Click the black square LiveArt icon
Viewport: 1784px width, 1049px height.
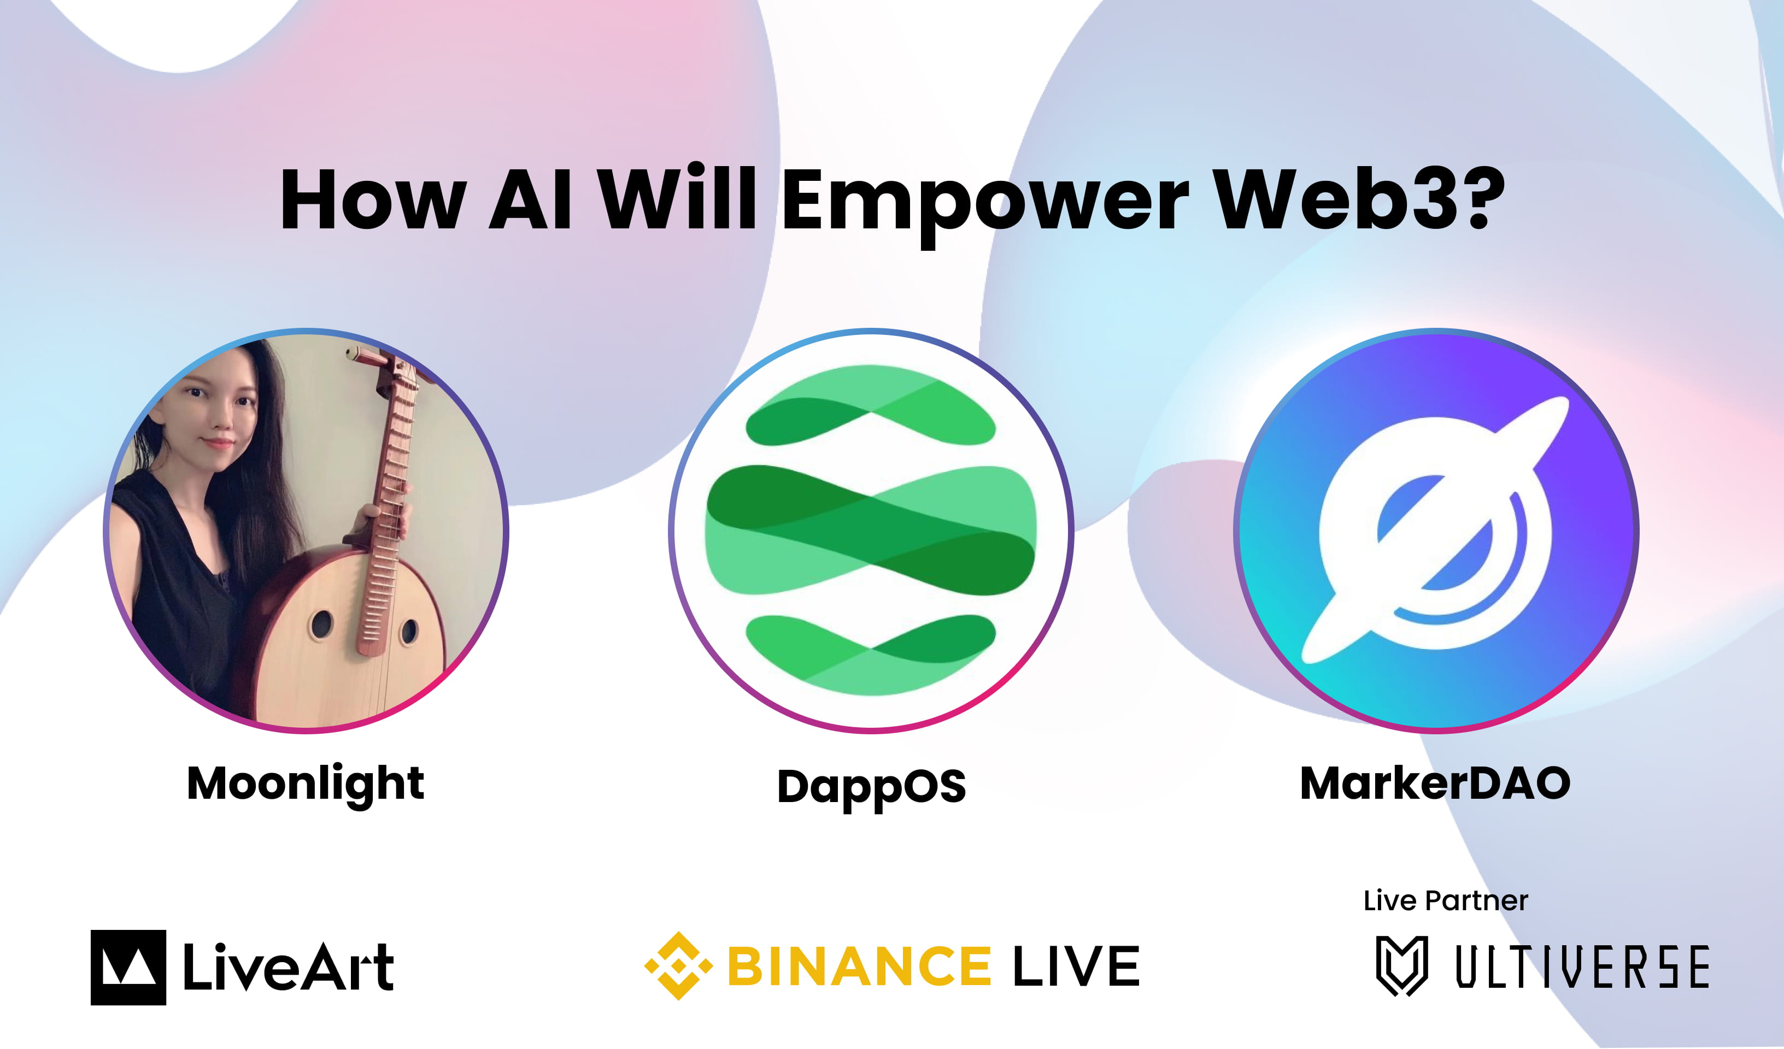pos(128,967)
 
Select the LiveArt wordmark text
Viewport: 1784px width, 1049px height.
pos(288,967)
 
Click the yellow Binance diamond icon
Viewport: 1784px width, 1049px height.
pos(678,965)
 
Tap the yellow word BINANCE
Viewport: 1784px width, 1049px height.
pos(859,966)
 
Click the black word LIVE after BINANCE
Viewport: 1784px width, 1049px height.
pos(1076,966)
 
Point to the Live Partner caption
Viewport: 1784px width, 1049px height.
pos(1445,901)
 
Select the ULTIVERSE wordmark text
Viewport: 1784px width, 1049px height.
pos(1582,967)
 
